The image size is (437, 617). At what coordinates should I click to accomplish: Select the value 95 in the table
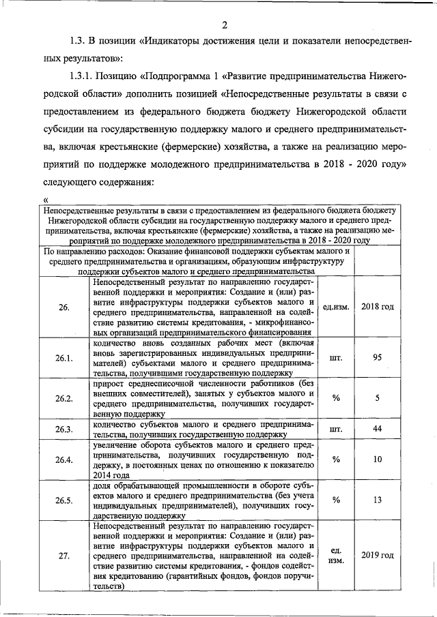coord(378,357)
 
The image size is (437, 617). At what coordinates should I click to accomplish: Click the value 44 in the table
coord(378,429)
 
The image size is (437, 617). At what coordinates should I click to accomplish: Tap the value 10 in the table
coord(378,460)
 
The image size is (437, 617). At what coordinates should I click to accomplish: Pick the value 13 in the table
coord(378,500)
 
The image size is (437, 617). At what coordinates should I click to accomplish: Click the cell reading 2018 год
coord(378,307)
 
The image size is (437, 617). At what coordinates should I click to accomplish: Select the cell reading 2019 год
coord(378,555)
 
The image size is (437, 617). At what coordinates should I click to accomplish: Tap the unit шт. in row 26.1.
coord(336,357)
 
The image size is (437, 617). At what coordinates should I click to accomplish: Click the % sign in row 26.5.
coord(336,500)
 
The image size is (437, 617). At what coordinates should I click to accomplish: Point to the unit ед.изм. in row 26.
coord(336,307)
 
